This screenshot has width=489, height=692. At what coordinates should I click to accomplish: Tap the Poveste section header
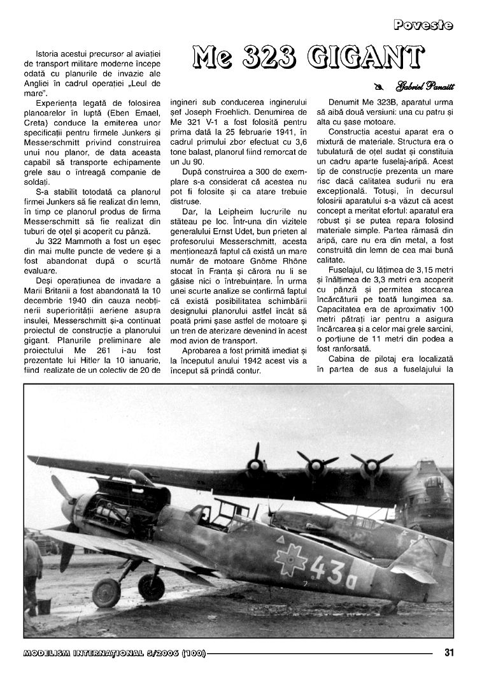pos(423,25)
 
